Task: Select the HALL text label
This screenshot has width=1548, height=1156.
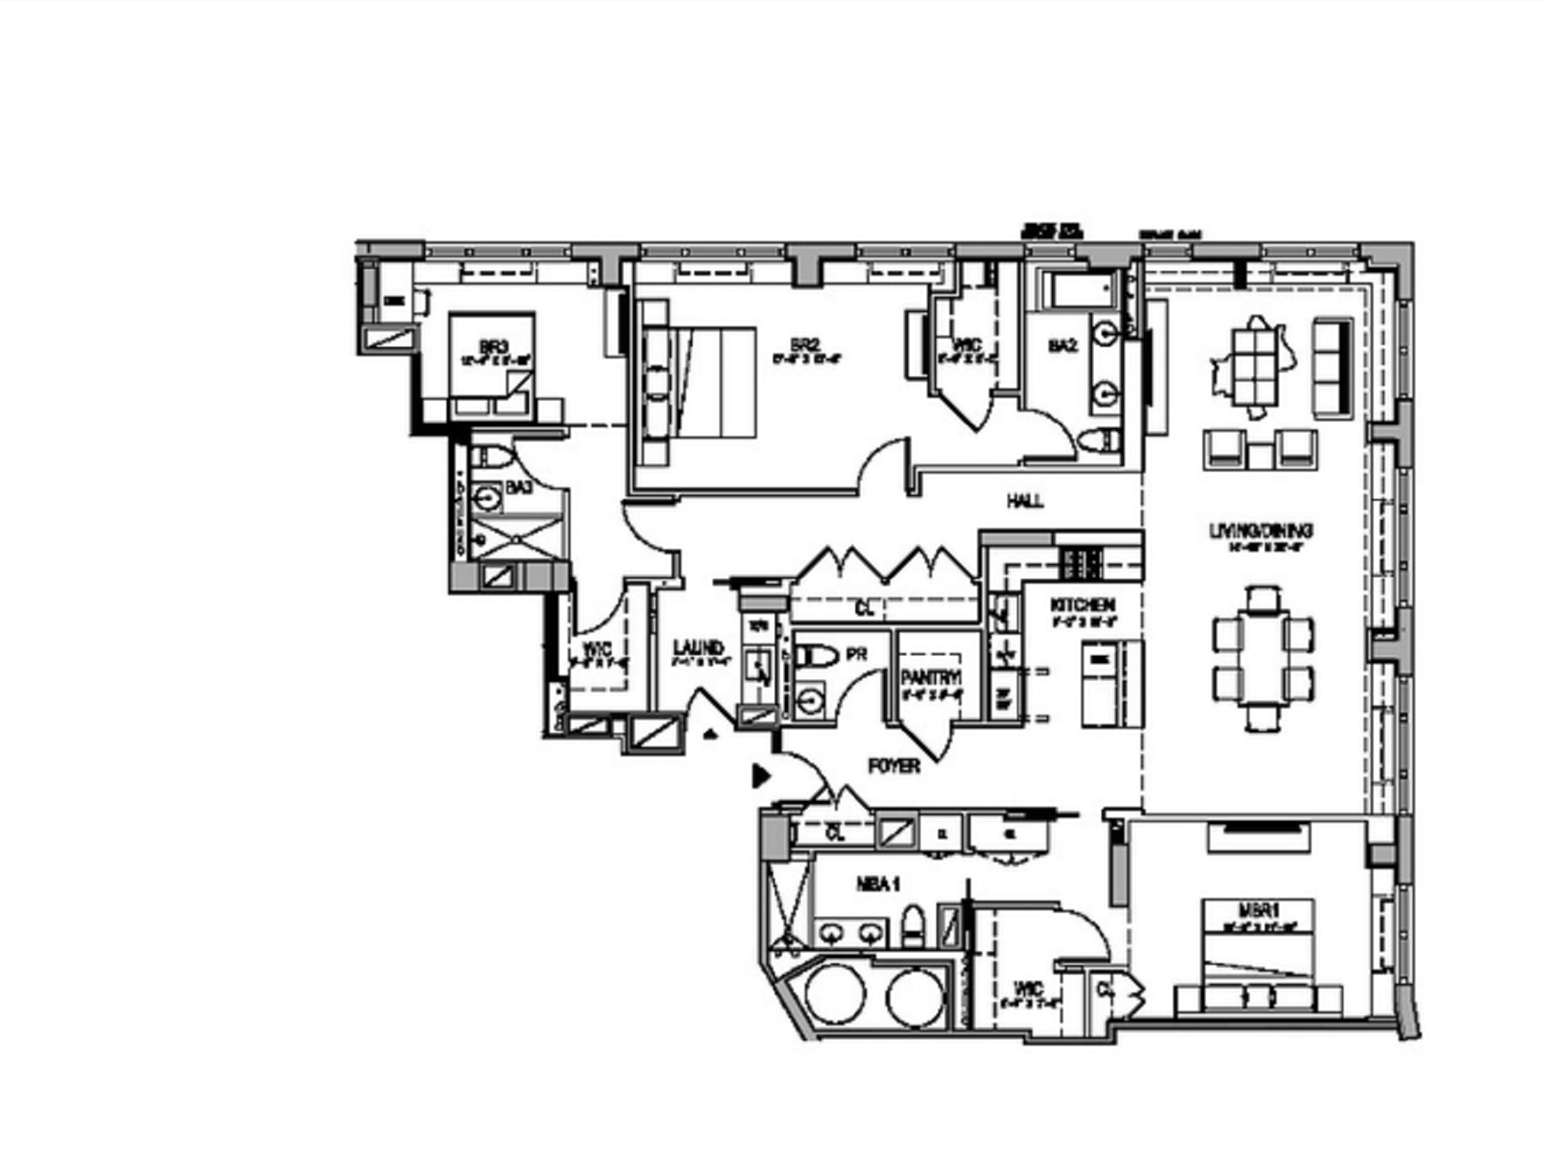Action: [x=1025, y=501]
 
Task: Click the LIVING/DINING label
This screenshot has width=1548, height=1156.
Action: [x=1261, y=531]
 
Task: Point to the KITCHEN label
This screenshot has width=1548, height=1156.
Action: [x=1082, y=604]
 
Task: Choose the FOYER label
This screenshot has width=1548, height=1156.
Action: [x=894, y=766]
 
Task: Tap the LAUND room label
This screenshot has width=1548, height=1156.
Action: [x=698, y=648]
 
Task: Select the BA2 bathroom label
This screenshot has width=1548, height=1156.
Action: [x=1063, y=345]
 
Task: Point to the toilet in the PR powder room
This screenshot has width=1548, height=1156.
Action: [x=817, y=656]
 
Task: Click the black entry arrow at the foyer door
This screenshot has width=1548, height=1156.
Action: [x=762, y=775]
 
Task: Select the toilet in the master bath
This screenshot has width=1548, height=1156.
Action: [x=913, y=925]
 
